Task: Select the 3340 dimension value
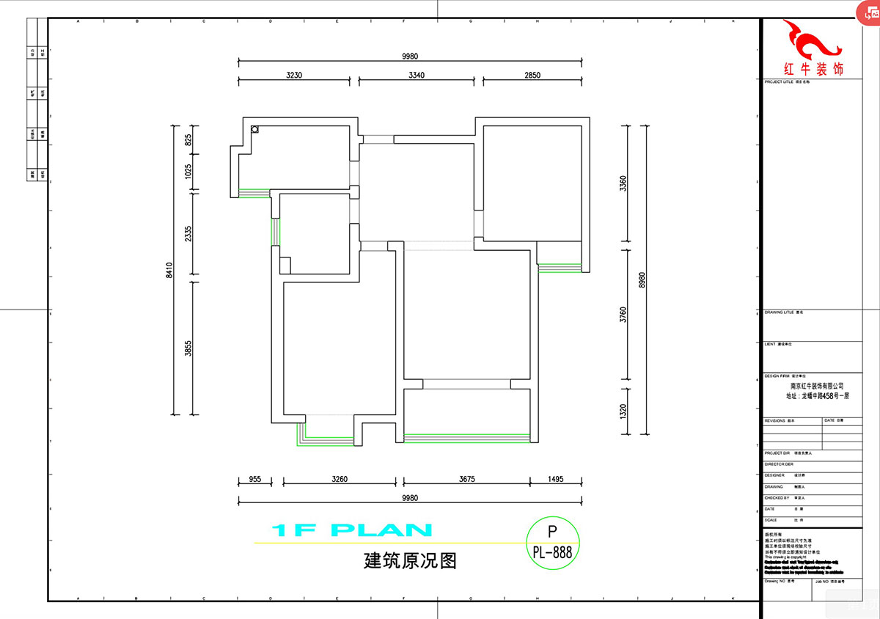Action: tap(418, 75)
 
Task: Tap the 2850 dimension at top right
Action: tap(532, 75)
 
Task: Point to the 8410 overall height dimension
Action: tap(169, 271)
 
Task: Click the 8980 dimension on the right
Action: tap(642, 279)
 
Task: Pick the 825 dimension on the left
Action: tap(188, 140)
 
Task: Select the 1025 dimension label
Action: tap(188, 172)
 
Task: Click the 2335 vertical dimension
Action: tap(188, 234)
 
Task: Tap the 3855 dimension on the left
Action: tap(188, 348)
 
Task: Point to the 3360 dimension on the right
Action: tap(623, 183)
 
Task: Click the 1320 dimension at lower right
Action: tap(623, 411)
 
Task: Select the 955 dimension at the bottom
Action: tap(254, 479)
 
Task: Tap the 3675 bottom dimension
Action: tap(467, 479)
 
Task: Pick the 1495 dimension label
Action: tap(555, 479)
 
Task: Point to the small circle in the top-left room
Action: tap(254, 130)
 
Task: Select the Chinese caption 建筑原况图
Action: tap(410, 561)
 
